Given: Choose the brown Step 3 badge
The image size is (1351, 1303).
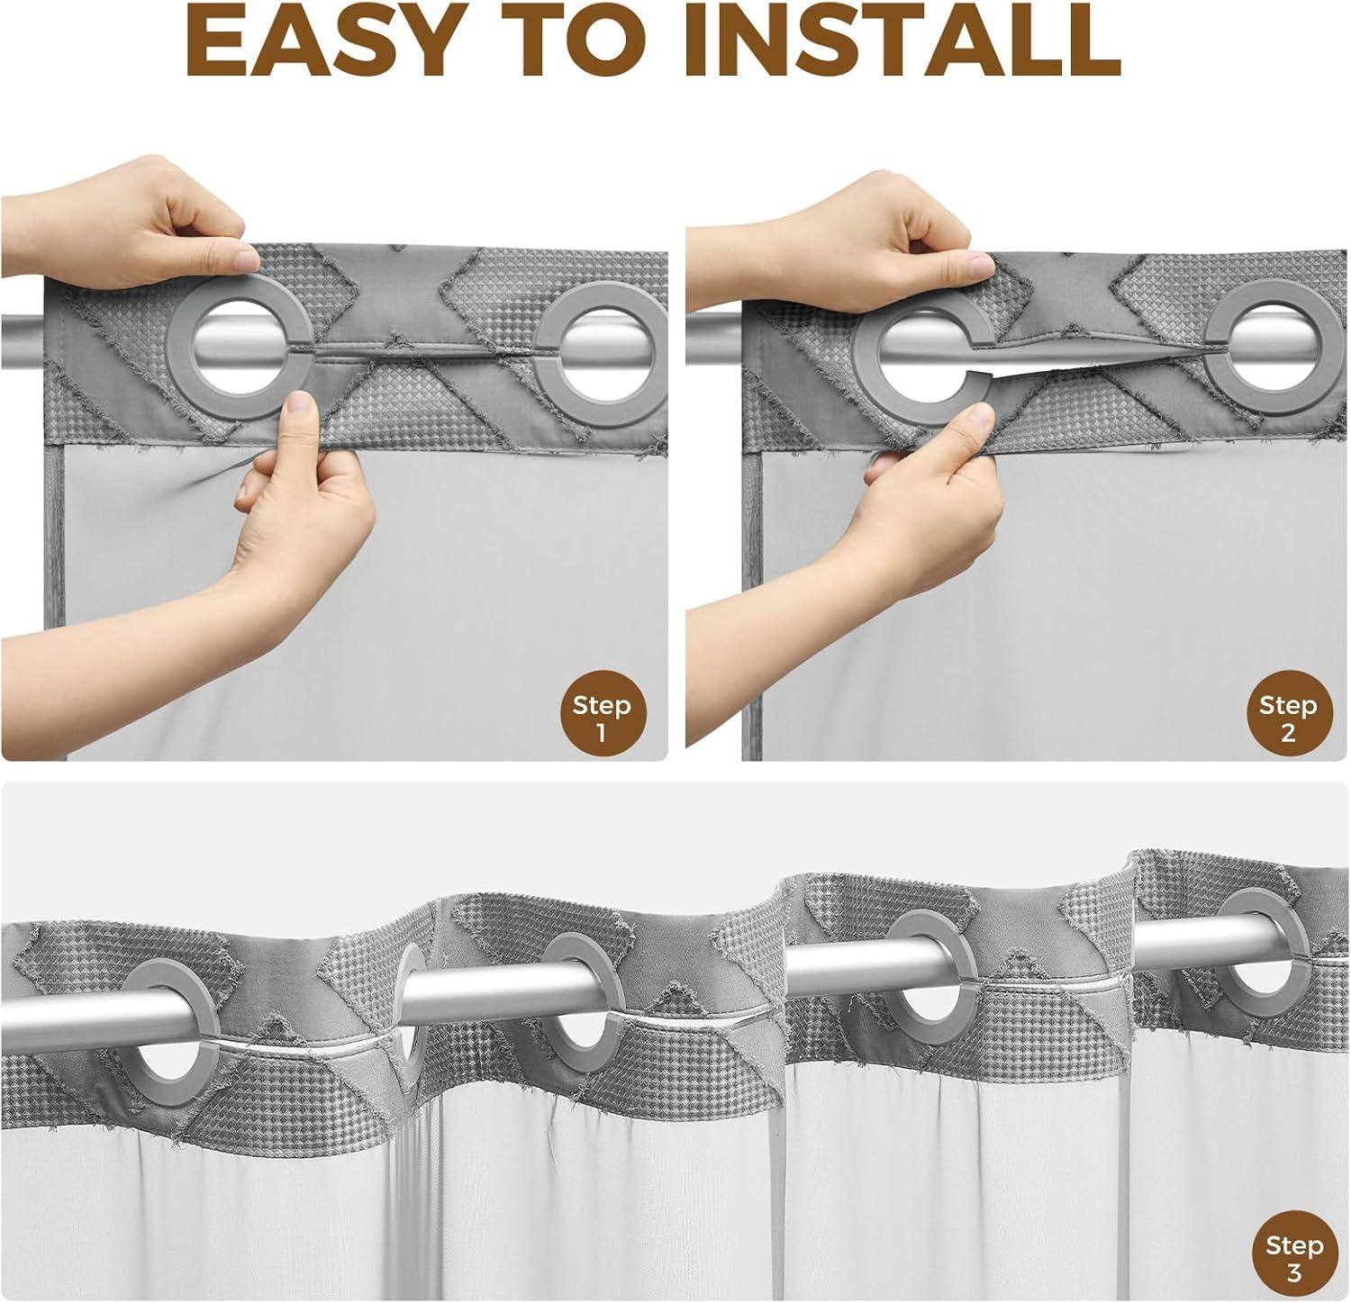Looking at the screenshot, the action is [1294, 1257].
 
